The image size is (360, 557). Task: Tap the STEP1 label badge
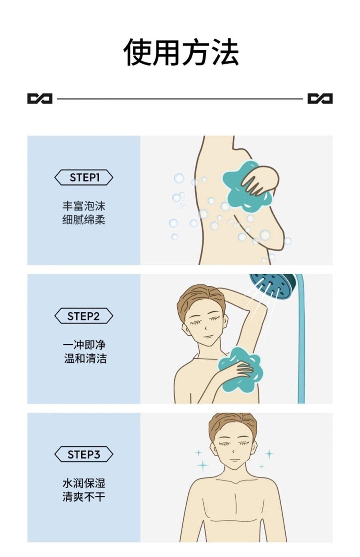coord(84,178)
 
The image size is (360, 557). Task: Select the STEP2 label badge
coord(84,316)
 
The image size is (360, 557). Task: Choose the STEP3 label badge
coord(84,455)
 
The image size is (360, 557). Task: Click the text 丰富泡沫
coord(84,206)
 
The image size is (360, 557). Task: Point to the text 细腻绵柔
coord(84,220)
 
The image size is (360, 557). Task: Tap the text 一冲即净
coord(84,345)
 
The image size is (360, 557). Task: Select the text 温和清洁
coord(85,358)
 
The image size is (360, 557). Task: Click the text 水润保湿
coord(84,483)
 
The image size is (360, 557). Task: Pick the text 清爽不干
coord(84,497)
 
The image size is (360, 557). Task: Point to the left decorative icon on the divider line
coord(40,98)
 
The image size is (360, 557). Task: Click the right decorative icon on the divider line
coord(320,98)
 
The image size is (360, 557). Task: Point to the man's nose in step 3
coord(234,451)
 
